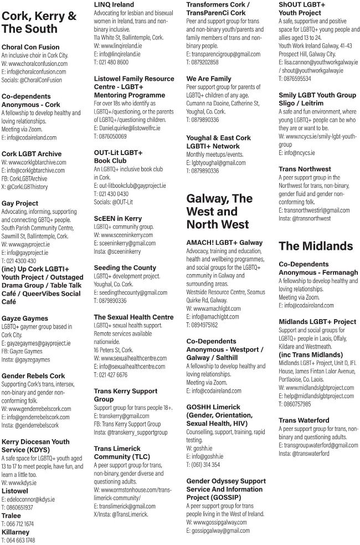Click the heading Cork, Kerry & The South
pos(39,23)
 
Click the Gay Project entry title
pos(19,203)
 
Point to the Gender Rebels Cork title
pos(33,376)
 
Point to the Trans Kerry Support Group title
pos(126,395)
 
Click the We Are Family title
pos(209,79)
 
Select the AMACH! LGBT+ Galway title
pos(224,243)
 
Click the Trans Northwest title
pos(305,169)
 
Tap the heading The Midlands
pos(316,246)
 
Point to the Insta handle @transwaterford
pos(305,453)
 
